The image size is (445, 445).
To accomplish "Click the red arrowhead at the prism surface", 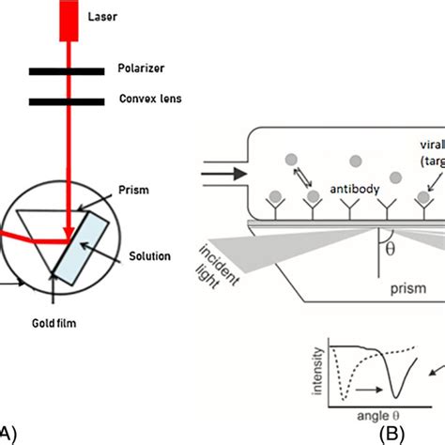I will point(69,234).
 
